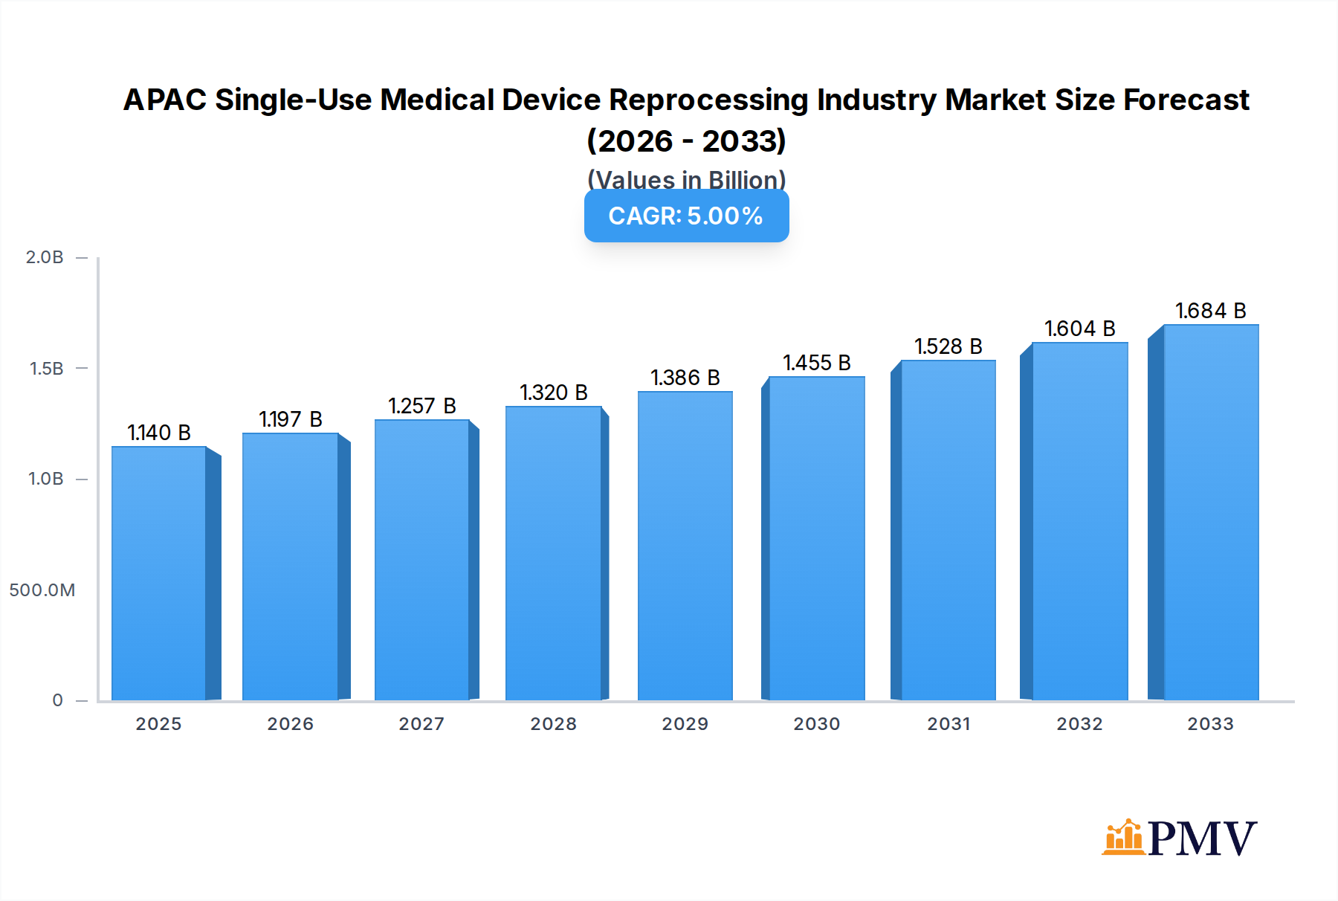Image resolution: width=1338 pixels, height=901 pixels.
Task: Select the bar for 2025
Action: pos(158,572)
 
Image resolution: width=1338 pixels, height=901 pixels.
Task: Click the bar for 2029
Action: pos(685,546)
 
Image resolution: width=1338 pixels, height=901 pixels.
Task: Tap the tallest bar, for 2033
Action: pos(1211,513)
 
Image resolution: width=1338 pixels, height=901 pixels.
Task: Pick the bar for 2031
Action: pos(948,530)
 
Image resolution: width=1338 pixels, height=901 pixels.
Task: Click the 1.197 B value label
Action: pos(290,419)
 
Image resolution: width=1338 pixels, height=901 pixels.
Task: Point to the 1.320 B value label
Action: pos(553,393)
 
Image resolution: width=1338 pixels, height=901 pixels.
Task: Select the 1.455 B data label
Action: pos(816,363)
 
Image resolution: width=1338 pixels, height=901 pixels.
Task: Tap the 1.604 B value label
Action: pos(1079,329)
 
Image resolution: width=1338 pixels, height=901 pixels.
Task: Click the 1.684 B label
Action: pos(1210,311)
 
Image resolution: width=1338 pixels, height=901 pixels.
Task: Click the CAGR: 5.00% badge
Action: pos(686,216)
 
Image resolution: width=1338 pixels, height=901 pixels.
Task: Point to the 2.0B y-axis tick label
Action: pos(45,257)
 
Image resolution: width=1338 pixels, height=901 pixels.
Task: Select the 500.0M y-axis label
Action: pos(42,590)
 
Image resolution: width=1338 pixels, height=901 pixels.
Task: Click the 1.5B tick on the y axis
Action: pos(46,369)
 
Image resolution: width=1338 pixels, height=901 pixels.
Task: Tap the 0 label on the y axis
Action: pos(57,700)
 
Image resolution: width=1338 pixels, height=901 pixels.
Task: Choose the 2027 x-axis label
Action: pos(421,724)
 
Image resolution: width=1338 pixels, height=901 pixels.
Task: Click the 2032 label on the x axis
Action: pos(1079,724)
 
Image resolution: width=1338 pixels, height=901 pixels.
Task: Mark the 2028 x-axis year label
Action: pos(553,724)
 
